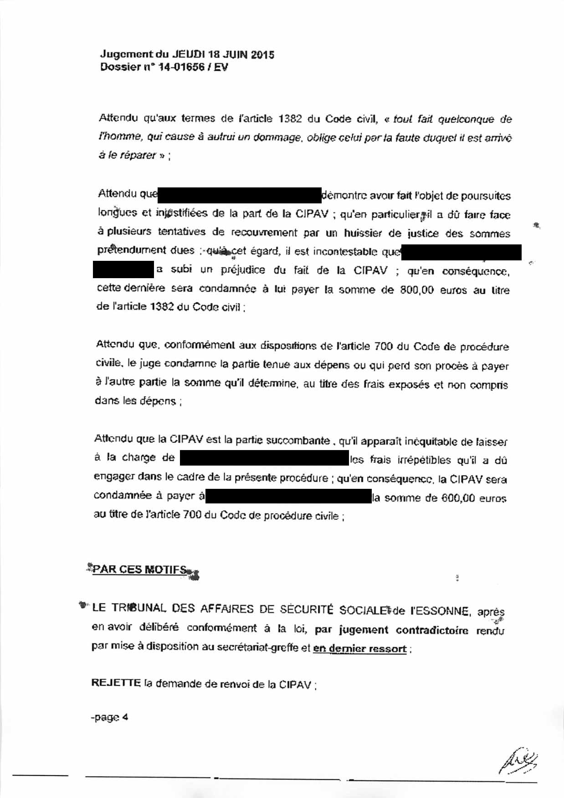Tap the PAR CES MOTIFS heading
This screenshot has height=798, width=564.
coord(140,570)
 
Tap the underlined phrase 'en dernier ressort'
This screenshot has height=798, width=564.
coord(359,648)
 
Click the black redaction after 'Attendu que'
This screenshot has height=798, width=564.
coord(240,195)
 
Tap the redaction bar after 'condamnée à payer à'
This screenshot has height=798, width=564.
coord(289,496)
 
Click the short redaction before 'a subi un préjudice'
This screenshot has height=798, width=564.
coord(123,269)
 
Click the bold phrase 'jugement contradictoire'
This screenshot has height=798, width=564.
coord(403,630)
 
